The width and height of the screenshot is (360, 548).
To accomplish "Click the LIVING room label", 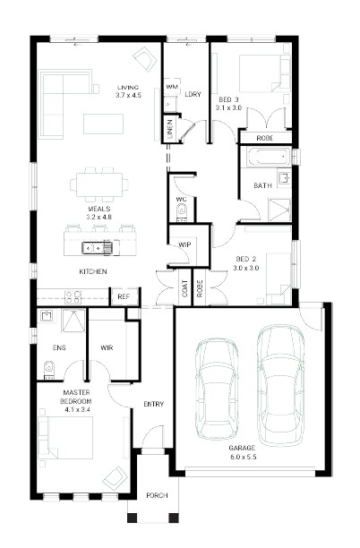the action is (128, 88).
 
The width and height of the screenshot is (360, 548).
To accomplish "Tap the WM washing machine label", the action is (172, 86).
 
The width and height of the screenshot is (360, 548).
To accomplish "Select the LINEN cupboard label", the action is (170, 130).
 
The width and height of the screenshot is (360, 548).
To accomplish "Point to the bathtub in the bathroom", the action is (268, 157).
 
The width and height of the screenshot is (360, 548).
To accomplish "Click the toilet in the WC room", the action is (182, 212).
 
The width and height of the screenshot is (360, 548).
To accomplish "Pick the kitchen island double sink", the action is (98, 247).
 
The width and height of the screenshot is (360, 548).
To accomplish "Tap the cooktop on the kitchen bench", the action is (73, 296).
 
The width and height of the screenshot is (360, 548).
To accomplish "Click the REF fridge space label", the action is (124, 296).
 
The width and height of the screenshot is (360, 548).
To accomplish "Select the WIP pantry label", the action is (184, 244).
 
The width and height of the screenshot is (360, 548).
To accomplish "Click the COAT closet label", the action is (184, 288).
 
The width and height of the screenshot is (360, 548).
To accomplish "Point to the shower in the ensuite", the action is (73, 321).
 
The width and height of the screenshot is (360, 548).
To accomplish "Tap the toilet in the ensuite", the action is (49, 370).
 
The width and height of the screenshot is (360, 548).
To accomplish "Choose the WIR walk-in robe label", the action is (107, 347).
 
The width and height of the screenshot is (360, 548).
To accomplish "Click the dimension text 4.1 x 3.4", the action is (77, 409).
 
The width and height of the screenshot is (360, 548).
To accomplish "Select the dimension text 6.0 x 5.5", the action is (243, 457).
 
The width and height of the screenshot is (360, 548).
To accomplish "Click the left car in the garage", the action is (217, 388).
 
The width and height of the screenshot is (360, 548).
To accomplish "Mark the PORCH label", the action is (157, 495).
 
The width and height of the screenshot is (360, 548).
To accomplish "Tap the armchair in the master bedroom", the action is (116, 478).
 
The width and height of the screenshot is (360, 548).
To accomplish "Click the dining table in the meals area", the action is (99, 184).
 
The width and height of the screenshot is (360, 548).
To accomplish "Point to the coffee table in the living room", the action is (104, 124).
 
